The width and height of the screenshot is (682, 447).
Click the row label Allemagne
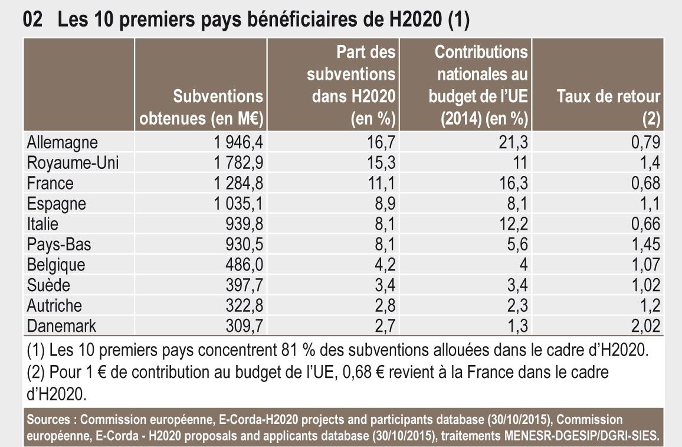(x=62, y=142)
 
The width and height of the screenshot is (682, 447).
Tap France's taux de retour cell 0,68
(x=644, y=183)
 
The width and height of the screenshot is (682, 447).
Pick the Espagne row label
(x=56, y=204)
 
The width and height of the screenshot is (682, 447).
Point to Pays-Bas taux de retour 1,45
(x=644, y=244)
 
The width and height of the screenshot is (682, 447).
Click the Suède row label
(x=49, y=285)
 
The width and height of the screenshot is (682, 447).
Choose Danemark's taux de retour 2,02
(x=644, y=326)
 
